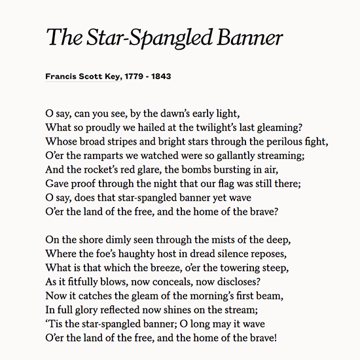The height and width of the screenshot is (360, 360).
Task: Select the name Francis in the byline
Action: [62, 76]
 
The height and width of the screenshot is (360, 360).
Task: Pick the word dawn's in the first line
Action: [175, 112]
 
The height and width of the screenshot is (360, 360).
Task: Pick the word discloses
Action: [238, 281]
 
